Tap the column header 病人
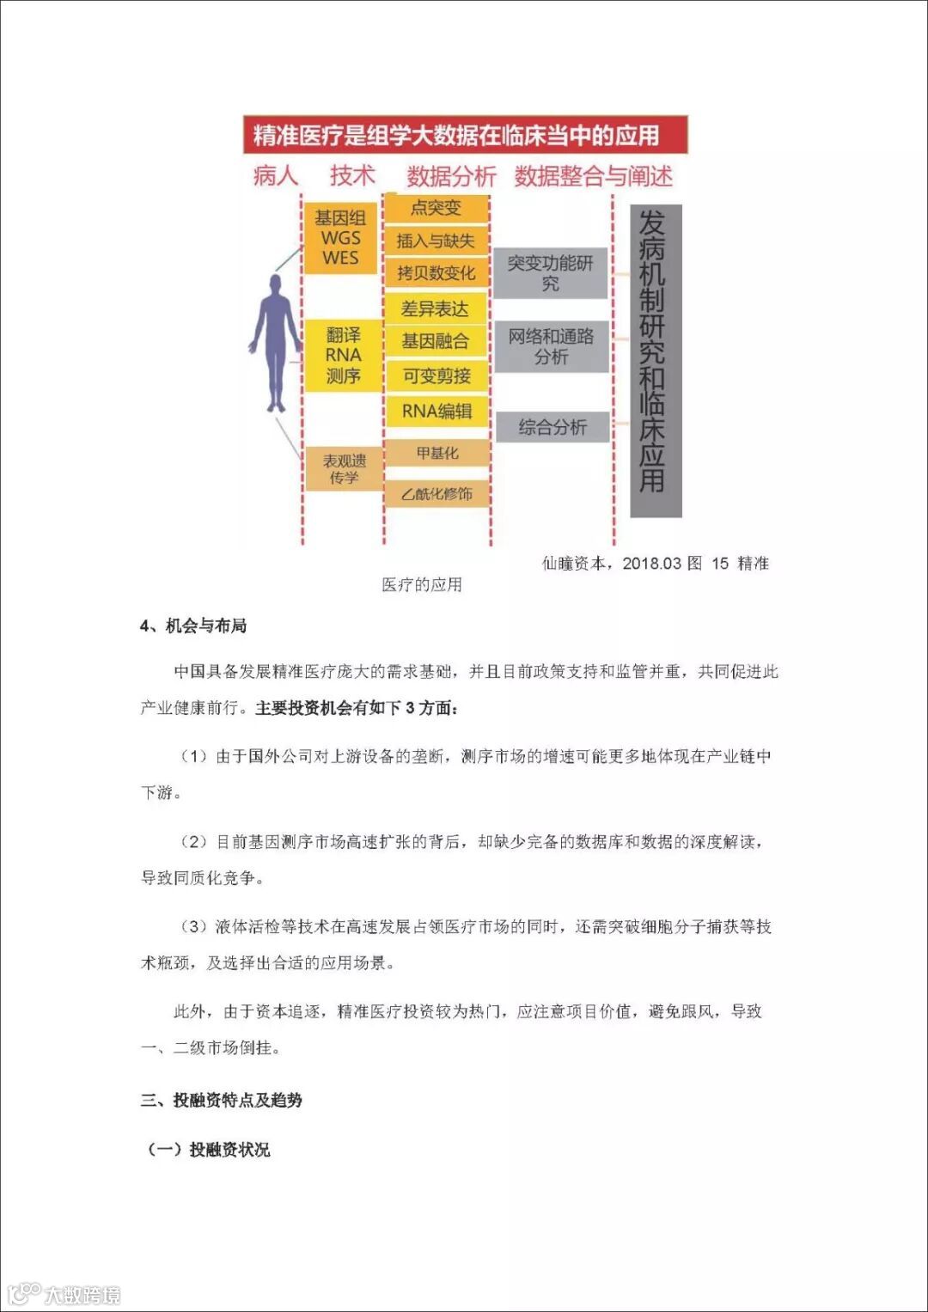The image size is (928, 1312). (x=275, y=176)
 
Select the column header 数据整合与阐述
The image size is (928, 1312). (x=593, y=176)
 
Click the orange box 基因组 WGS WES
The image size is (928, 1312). (x=340, y=238)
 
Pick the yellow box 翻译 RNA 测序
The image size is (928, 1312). (x=342, y=356)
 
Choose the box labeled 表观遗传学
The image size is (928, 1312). (x=343, y=469)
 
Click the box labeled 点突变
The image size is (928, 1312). (x=436, y=208)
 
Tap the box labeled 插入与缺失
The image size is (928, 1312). (x=436, y=241)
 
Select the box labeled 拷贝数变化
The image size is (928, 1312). (x=436, y=273)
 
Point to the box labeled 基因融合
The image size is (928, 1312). (x=436, y=341)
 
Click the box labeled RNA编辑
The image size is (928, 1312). (x=436, y=411)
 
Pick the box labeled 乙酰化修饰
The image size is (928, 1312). (x=436, y=494)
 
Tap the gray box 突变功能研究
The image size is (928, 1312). (x=550, y=273)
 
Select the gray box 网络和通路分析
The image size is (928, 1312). (x=550, y=346)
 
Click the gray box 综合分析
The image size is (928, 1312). (x=552, y=427)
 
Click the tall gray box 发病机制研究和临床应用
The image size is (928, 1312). (x=656, y=361)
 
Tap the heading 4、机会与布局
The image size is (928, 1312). (x=193, y=625)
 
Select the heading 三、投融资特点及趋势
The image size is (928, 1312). (x=222, y=1100)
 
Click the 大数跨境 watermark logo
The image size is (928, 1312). (x=64, y=1294)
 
